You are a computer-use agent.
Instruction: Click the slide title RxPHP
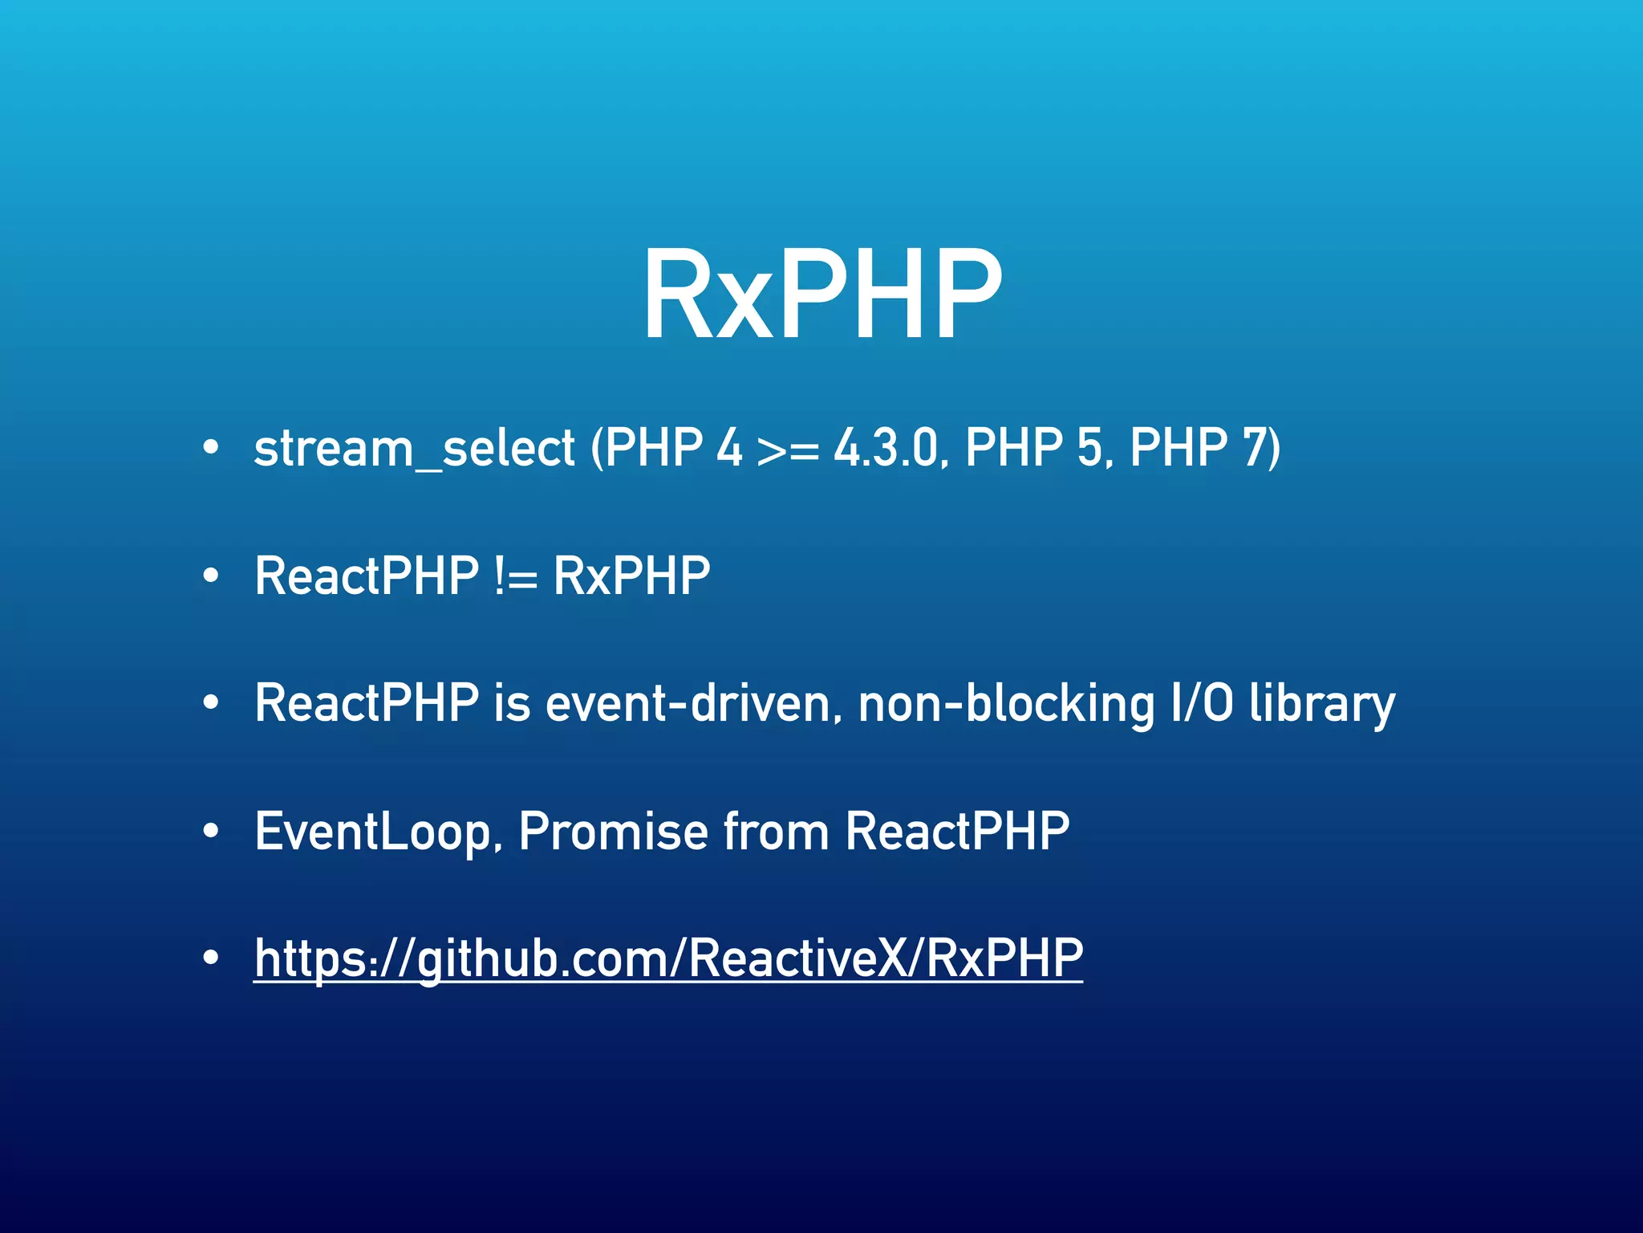pos(821,295)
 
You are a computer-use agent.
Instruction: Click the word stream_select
pos(414,448)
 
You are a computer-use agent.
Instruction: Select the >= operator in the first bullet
pos(787,450)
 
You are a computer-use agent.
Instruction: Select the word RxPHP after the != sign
pos(631,575)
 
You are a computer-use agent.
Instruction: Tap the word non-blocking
pos(1006,703)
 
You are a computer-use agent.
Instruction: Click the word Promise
pos(613,832)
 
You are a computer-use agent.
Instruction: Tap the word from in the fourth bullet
pos(776,832)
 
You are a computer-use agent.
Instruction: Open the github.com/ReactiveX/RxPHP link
pos(667,958)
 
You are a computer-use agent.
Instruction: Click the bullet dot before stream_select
pos(210,448)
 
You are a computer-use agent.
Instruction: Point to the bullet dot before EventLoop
pos(210,832)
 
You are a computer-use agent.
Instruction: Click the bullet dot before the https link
pos(210,958)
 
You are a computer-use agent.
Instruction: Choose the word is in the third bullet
pos(512,703)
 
